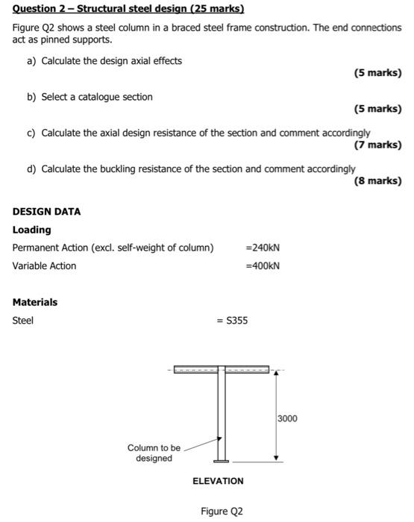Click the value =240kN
(x=263, y=248)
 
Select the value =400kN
(x=263, y=265)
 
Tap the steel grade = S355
(x=232, y=321)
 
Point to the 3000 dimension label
(x=287, y=418)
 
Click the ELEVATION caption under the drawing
(x=218, y=481)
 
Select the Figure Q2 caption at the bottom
(x=221, y=512)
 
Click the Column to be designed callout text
(x=154, y=453)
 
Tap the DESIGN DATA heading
(x=46, y=211)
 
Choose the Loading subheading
(x=31, y=230)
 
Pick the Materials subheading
(x=34, y=302)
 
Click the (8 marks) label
(x=377, y=180)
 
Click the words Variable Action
(x=44, y=265)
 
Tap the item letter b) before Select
(x=32, y=97)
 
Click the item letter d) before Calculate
(x=32, y=169)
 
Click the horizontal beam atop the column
(x=221, y=369)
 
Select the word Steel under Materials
(x=23, y=321)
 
